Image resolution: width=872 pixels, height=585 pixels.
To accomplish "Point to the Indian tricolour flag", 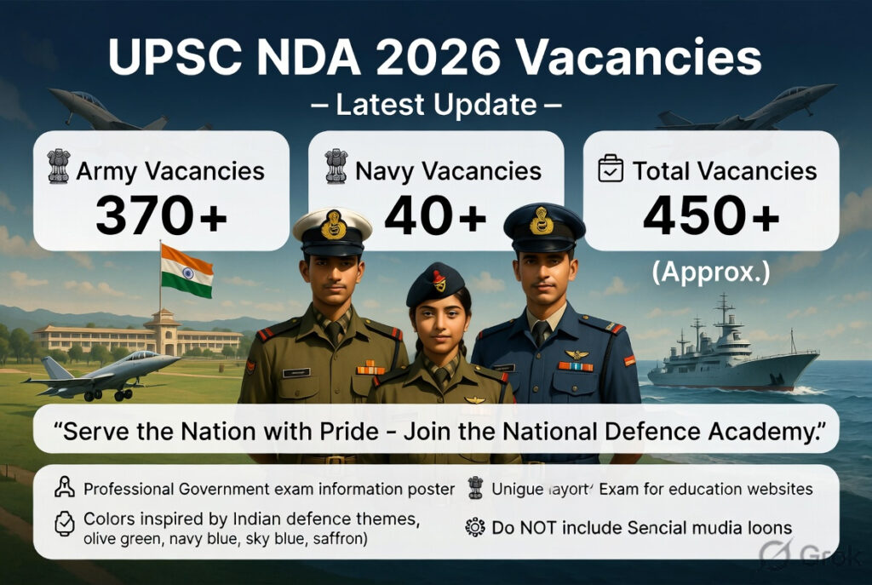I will click(x=186, y=271).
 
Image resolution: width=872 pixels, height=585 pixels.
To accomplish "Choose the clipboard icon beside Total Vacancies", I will click(x=611, y=168).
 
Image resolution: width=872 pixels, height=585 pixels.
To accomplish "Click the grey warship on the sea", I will click(x=732, y=358).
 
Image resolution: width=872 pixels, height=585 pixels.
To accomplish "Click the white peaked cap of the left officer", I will click(x=332, y=226).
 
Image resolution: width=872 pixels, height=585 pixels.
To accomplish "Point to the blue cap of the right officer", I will click(x=543, y=223).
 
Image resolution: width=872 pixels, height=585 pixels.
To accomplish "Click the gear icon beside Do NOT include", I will click(x=474, y=528).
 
